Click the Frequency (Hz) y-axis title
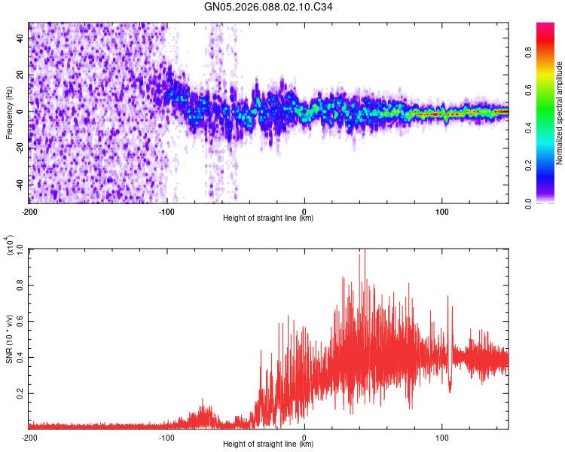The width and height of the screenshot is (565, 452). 8,113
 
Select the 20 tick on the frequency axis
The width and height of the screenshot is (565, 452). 20,75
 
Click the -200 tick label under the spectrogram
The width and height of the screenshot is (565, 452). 29,211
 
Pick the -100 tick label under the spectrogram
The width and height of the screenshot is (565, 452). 166,211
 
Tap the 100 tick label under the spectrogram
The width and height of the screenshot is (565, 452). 441,211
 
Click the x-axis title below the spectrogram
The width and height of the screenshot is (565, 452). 268,218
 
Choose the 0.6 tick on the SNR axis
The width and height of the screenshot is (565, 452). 20,321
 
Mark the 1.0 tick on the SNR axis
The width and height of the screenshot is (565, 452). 20,249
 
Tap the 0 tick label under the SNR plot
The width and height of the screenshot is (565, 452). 304,436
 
